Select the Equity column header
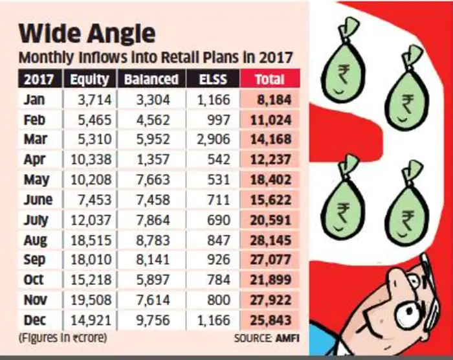click(89, 79)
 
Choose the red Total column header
click(269, 79)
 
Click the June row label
click(36, 199)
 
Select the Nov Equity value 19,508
click(92, 300)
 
